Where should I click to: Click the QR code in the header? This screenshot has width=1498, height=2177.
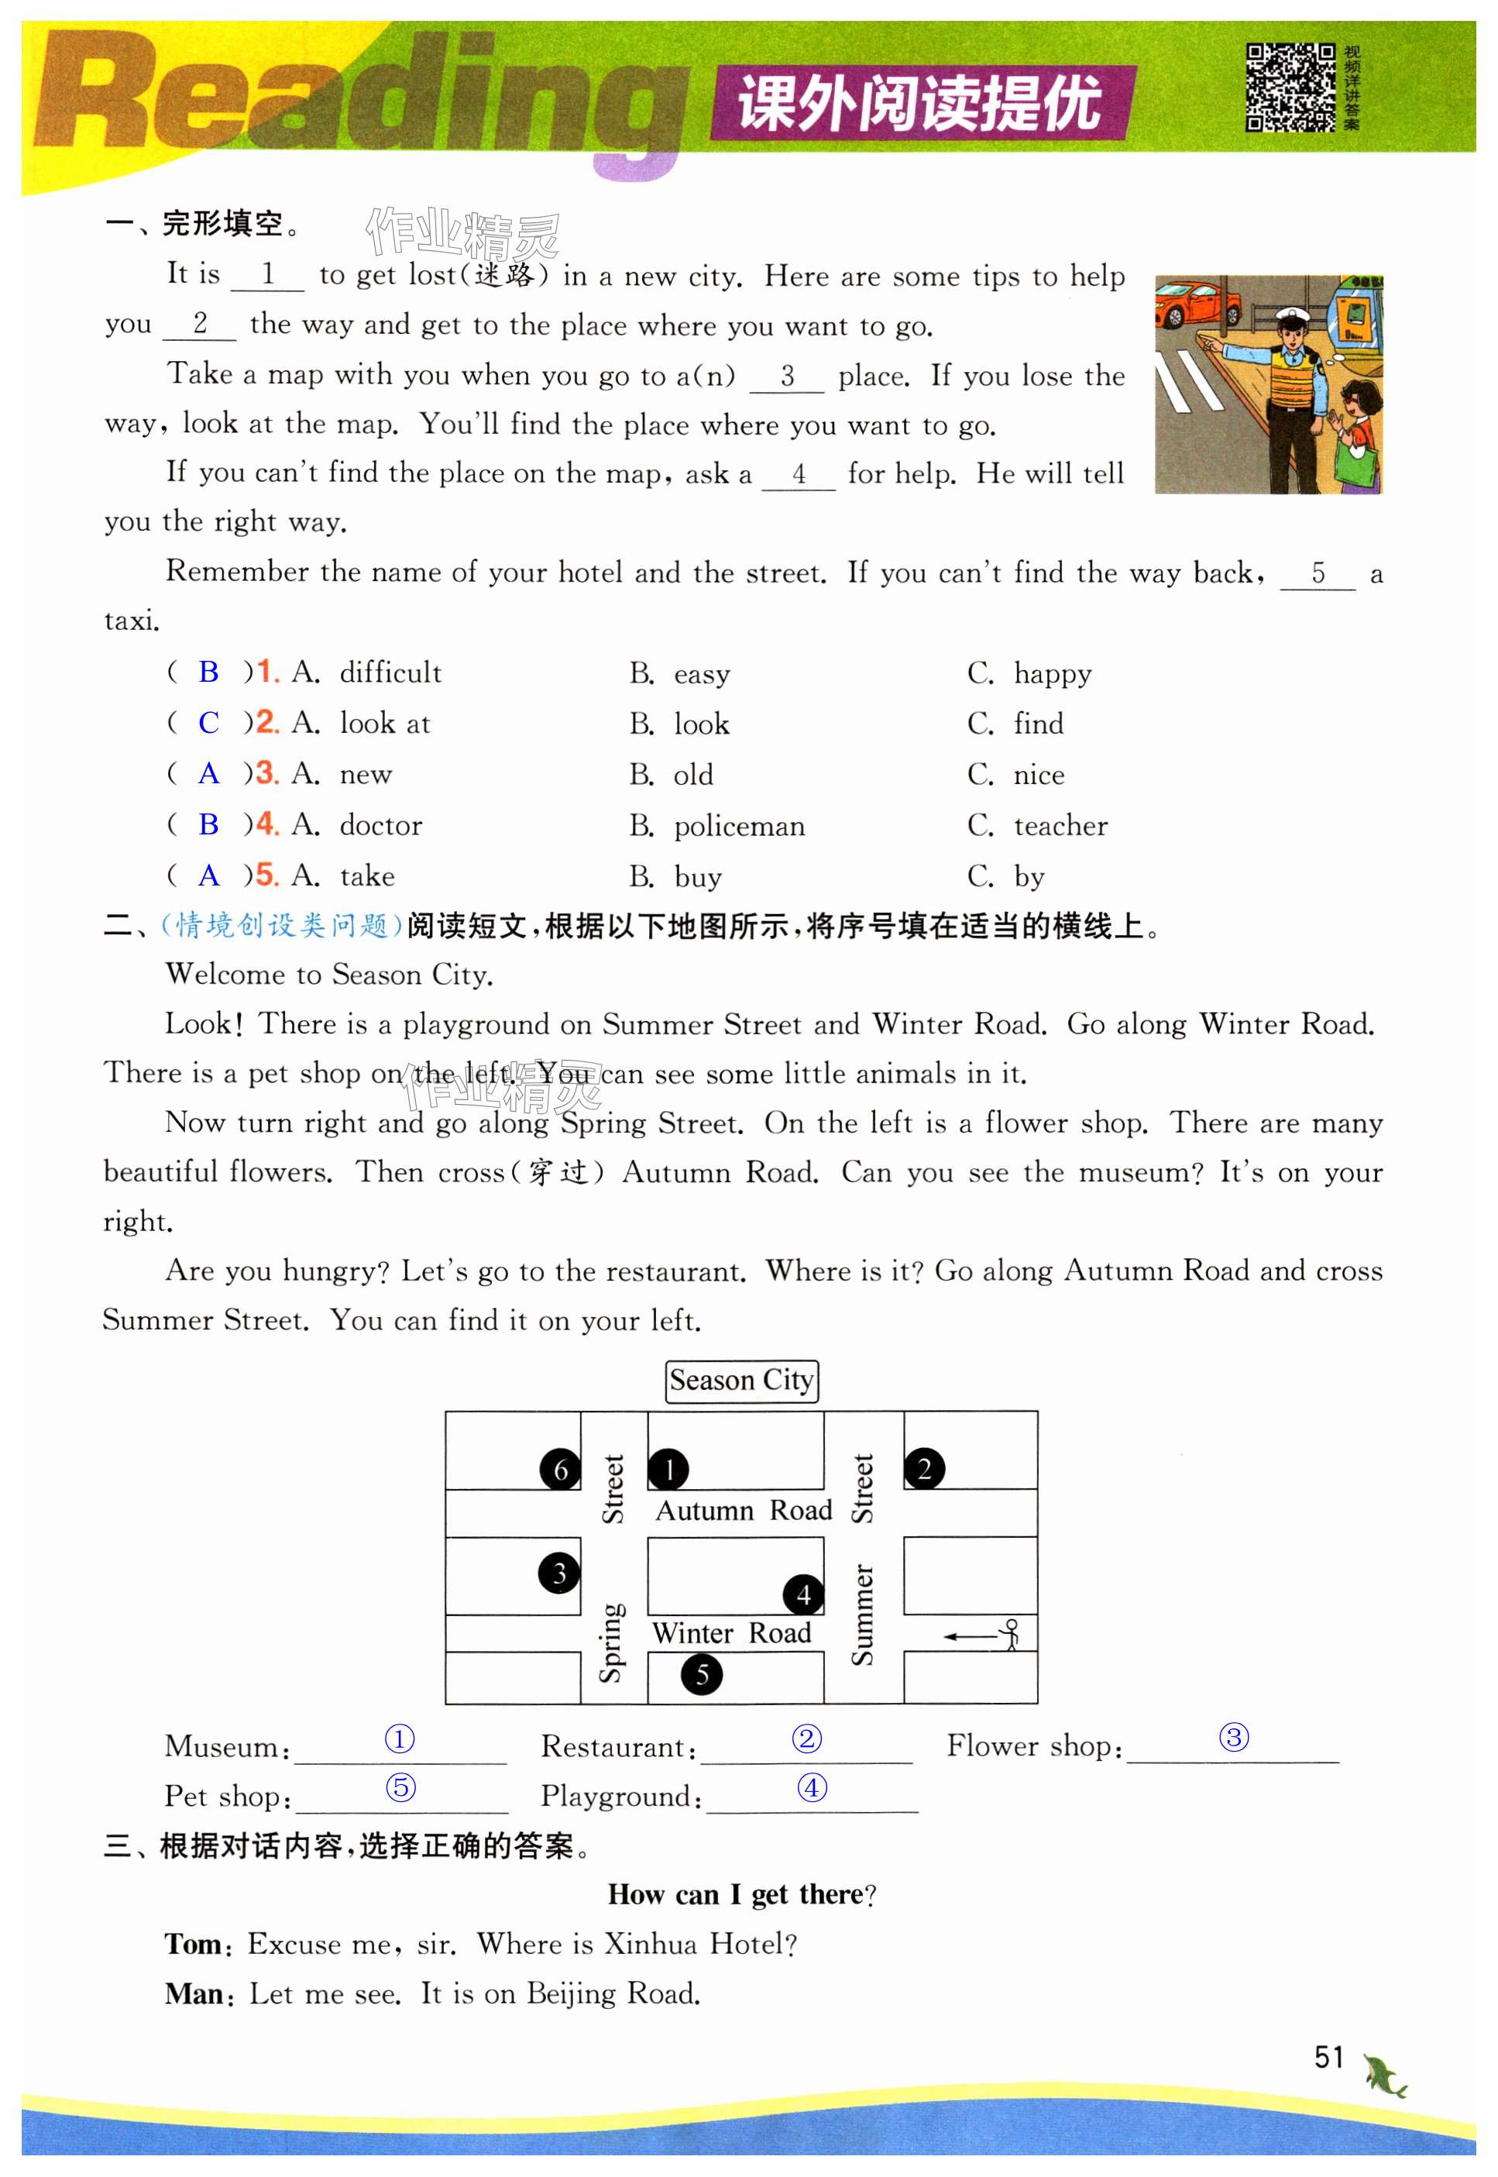(x=1290, y=88)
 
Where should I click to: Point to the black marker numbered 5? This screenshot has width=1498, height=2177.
(x=701, y=1674)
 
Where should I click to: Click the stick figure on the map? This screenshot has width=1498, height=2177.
(x=1010, y=1635)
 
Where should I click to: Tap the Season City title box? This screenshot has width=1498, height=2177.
(x=741, y=1381)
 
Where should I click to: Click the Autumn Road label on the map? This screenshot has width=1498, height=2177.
(x=744, y=1511)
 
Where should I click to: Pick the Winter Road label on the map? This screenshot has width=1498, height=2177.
(x=731, y=1632)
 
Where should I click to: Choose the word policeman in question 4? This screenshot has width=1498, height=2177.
(x=739, y=826)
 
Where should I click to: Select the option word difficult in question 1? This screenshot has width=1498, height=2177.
(x=390, y=673)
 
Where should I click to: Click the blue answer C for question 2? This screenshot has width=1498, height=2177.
(x=208, y=723)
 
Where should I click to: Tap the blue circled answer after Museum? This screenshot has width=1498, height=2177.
(x=400, y=1739)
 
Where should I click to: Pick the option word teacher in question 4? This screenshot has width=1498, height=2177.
(x=1060, y=826)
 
